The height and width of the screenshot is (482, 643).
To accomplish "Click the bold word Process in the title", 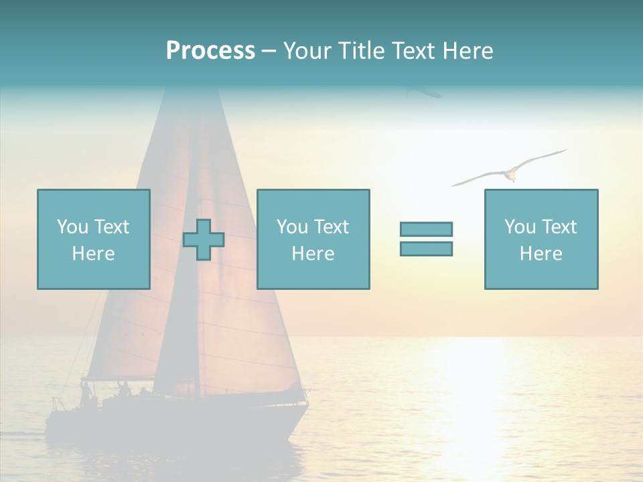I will pyautogui.click(x=210, y=51).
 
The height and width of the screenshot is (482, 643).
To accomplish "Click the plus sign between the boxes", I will pyautogui.click(x=204, y=240).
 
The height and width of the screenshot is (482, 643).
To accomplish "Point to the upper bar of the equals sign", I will pyautogui.click(x=426, y=229).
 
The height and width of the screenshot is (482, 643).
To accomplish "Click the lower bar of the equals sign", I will pyautogui.click(x=426, y=249).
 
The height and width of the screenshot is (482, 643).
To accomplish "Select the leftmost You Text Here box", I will pyautogui.click(x=94, y=239).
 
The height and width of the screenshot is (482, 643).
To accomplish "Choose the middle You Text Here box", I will pyautogui.click(x=313, y=239).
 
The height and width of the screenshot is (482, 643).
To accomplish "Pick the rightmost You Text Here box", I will pyautogui.click(x=541, y=239).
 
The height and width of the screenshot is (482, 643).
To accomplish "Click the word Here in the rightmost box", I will pyautogui.click(x=541, y=254).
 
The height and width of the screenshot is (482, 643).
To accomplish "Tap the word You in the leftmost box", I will pyautogui.click(x=72, y=227).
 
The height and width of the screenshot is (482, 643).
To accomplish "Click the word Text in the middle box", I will pyautogui.click(x=331, y=227).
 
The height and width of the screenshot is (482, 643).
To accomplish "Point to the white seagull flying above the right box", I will pyautogui.click(x=510, y=173).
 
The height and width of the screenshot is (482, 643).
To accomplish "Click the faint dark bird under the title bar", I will pyautogui.click(x=423, y=92).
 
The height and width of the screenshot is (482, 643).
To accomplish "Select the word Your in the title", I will pyautogui.click(x=307, y=51).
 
